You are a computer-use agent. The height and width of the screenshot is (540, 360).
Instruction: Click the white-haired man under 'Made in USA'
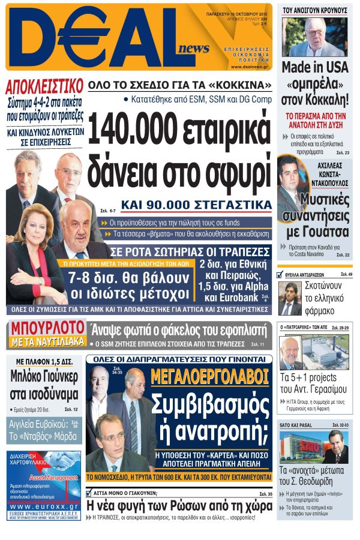coord(317,35)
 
